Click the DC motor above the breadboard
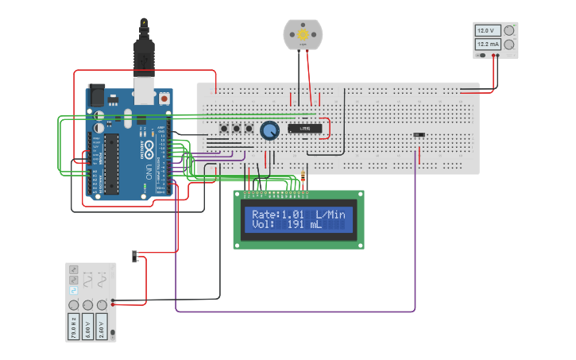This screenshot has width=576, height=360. pos(302,35)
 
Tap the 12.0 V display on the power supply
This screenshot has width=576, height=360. pos(486,31)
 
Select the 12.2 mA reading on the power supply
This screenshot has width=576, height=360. pos(486,45)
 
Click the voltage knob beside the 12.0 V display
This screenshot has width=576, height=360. pos(508,31)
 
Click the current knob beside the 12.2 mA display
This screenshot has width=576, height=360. pos(508,45)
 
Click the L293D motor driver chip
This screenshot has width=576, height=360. pos(304,127)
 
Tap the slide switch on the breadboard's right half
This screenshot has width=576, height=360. pos(419,135)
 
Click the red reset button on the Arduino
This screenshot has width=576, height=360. pos(164,99)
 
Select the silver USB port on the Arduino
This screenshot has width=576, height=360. pos(144,90)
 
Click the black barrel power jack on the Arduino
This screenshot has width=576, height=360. pos(96,93)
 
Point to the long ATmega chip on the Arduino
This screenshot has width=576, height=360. pos(112,163)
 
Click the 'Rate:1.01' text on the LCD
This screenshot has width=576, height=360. pos(277,215)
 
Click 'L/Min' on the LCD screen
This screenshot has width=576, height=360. pos(331,215)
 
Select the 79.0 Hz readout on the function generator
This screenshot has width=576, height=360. pos(73,327)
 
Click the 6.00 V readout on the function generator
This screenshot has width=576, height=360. pos(87,327)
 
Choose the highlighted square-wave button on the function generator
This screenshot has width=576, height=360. pos(74,291)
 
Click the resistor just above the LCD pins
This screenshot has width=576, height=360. pos(304,177)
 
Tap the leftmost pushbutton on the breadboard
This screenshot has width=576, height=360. pos(224,129)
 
